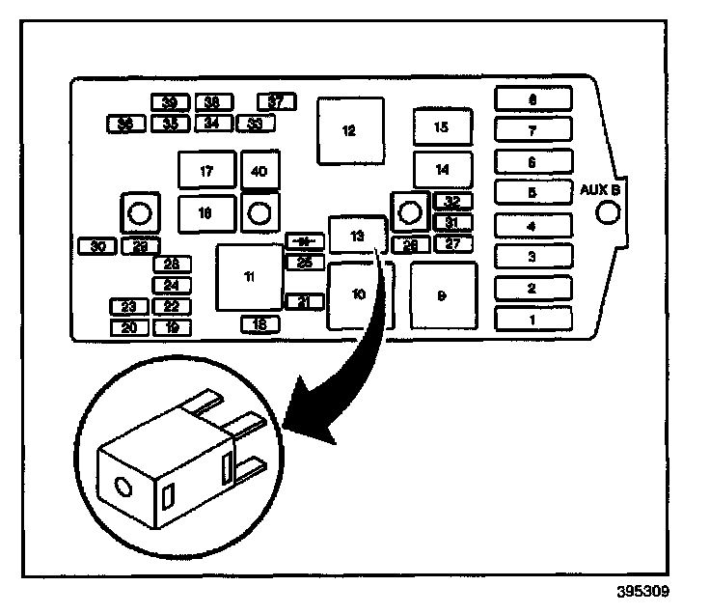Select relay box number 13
pyautogui.click(x=358, y=235)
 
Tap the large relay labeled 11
pyautogui.click(x=250, y=277)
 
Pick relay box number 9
pyautogui.click(x=443, y=295)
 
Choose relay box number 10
pyautogui.click(x=358, y=294)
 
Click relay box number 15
pyautogui.click(x=443, y=126)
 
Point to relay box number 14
pyautogui.click(x=443, y=170)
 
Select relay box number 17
pyautogui.click(x=206, y=171)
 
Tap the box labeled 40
pyautogui.click(x=259, y=171)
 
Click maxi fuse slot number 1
pyautogui.click(x=532, y=318)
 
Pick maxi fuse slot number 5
pyautogui.click(x=532, y=192)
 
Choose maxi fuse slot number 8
pyautogui.click(x=532, y=98)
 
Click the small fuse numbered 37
pyautogui.click(x=277, y=101)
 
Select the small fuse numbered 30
pyautogui.click(x=97, y=246)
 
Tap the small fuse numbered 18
pyautogui.click(x=259, y=324)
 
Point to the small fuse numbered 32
pyautogui.click(x=451, y=202)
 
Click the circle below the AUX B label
pyautogui.click(x=605, y=213)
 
